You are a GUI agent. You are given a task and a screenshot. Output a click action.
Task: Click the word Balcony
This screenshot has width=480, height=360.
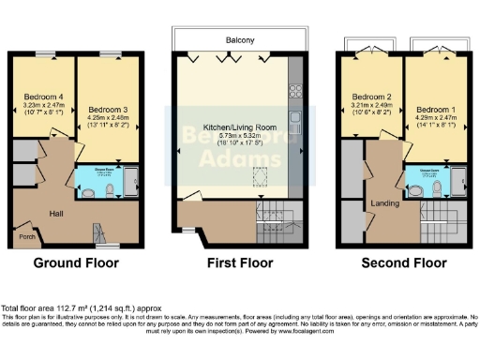pos(240,40)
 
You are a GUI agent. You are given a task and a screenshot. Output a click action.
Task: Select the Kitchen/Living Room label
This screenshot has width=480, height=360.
pos(240,126)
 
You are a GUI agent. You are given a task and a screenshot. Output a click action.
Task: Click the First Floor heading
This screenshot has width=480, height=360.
pos(240,263)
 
